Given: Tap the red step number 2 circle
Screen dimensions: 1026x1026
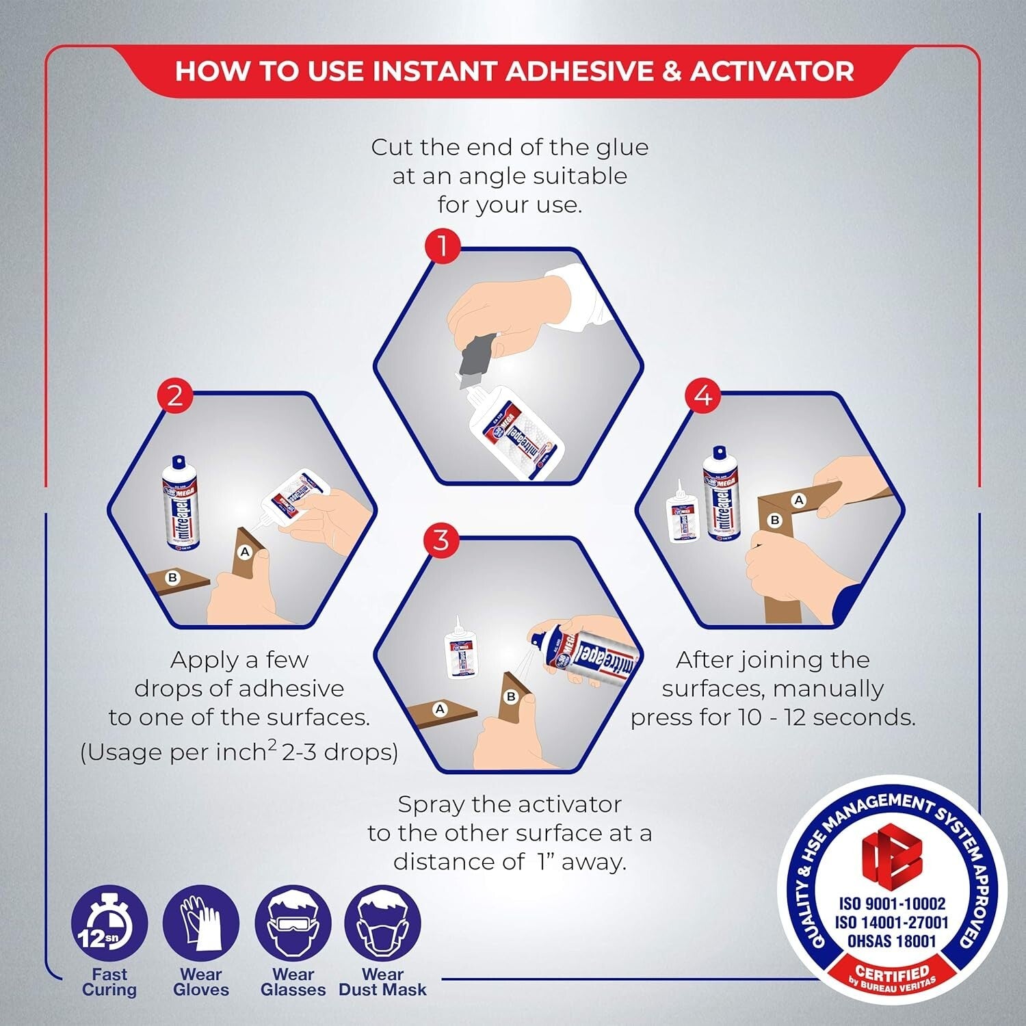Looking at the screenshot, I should pos(175,396).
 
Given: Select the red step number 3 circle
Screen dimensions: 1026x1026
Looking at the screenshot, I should pos(441,540).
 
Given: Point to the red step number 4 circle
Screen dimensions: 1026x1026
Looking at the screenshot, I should pos(703,396).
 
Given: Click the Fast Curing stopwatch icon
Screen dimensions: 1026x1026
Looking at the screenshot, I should pos(109,924).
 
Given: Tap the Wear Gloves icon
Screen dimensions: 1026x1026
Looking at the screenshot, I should pos(200,924).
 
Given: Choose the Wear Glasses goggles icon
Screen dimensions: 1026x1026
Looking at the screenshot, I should pos(293,924).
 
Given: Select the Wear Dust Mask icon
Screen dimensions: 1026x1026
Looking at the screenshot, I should pos(382,924).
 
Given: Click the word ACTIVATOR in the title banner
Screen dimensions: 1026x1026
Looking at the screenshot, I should pos(772,71).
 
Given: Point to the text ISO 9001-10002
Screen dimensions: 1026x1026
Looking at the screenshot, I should pos(892,904).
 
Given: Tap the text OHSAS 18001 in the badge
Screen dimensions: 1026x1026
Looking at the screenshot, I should pos(891,941).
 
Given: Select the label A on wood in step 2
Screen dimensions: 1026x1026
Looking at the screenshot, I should pos(245,552).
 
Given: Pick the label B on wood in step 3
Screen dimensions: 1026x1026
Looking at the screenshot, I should pos(510,697).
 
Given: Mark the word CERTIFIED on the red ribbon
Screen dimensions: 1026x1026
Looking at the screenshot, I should pos(892,972).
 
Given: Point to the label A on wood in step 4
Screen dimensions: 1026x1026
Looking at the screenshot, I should pos(798,501).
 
